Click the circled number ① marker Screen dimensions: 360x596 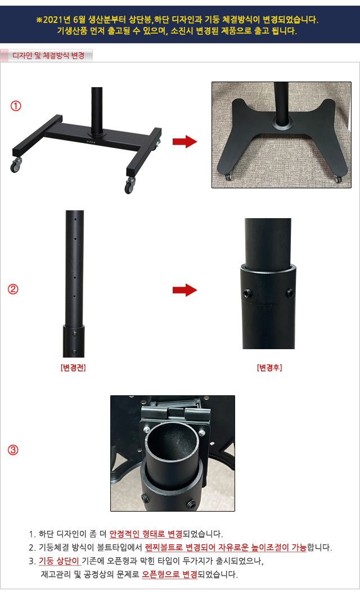(16, 106)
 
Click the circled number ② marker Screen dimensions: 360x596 (13, 289)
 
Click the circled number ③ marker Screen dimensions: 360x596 (13, 450)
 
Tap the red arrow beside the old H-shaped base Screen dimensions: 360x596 (184, 142)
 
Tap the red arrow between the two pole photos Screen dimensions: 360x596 (184, 290)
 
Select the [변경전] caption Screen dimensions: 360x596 (73, 368)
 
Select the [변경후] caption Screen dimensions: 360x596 (269, 368)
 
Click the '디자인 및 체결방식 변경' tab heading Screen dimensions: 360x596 (48, 56)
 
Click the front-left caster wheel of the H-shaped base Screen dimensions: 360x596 (16, 166)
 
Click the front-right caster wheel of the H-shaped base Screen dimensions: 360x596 (130, 186)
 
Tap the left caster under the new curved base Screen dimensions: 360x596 (228, 177)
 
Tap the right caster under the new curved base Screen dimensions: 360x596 (338, 179)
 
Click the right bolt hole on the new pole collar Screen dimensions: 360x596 (290, 293)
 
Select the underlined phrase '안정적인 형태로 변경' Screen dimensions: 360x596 (146, 534)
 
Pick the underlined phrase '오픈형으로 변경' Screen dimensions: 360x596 (169, 574)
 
